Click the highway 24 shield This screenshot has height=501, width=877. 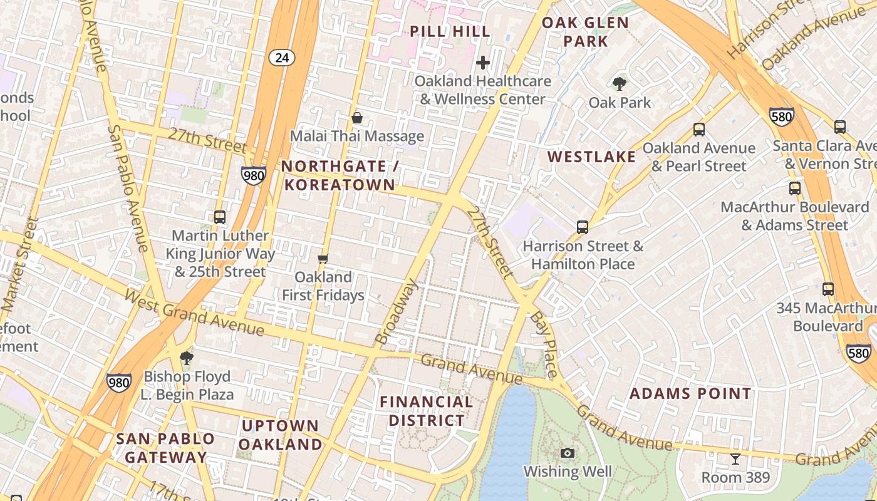(x=282, y=58)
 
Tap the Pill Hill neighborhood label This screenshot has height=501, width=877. (x=450, y=31)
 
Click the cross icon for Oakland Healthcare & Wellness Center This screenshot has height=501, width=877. (x=483, y=63)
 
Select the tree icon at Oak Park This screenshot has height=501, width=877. (x=620, y=83)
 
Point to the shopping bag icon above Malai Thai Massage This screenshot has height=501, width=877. (x=357, y=118)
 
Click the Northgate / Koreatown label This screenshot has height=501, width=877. (x=340, y=175)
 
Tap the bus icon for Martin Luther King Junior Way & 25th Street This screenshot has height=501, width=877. (x=220, y=217)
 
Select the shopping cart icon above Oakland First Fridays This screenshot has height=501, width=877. (x=323, y=259)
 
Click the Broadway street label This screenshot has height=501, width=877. (x=397, y=311)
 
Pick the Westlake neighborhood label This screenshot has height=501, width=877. (x=592, y=157)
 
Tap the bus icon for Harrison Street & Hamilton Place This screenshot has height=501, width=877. (x=583, y=227)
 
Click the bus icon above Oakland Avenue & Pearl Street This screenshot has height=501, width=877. (x=699, y=130)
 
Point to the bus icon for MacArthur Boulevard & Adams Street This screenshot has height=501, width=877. (x=795, y=188)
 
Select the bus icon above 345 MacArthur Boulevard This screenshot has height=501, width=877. (x=828, y=289)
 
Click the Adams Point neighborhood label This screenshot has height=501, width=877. (x=690, y=394)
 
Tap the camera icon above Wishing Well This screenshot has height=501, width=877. (x=568, y=453)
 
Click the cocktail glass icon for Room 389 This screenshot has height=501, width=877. (x=735, y=459)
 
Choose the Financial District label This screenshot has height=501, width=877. (x=427, y=411)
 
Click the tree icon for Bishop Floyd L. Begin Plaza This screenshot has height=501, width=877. (x=186, y=358)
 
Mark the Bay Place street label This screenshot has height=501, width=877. (x=543, y=345)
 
